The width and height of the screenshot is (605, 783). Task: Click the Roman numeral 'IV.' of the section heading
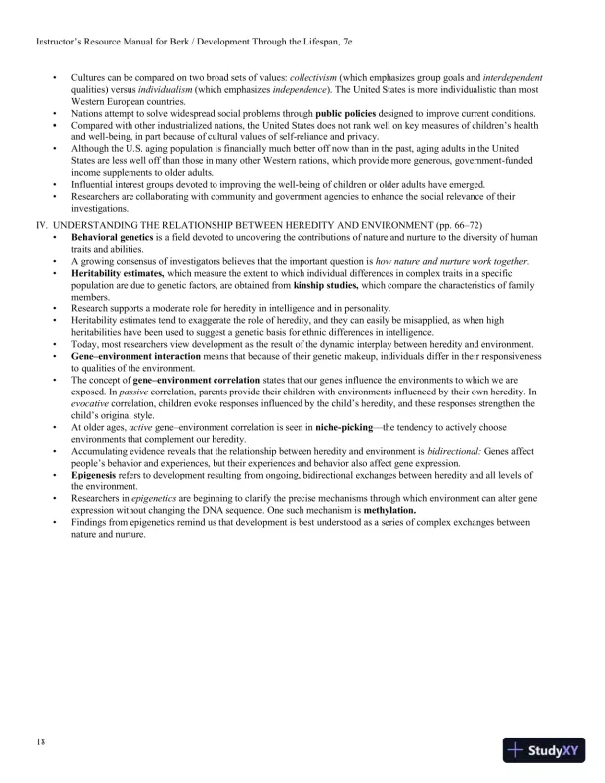coord(43,226)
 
